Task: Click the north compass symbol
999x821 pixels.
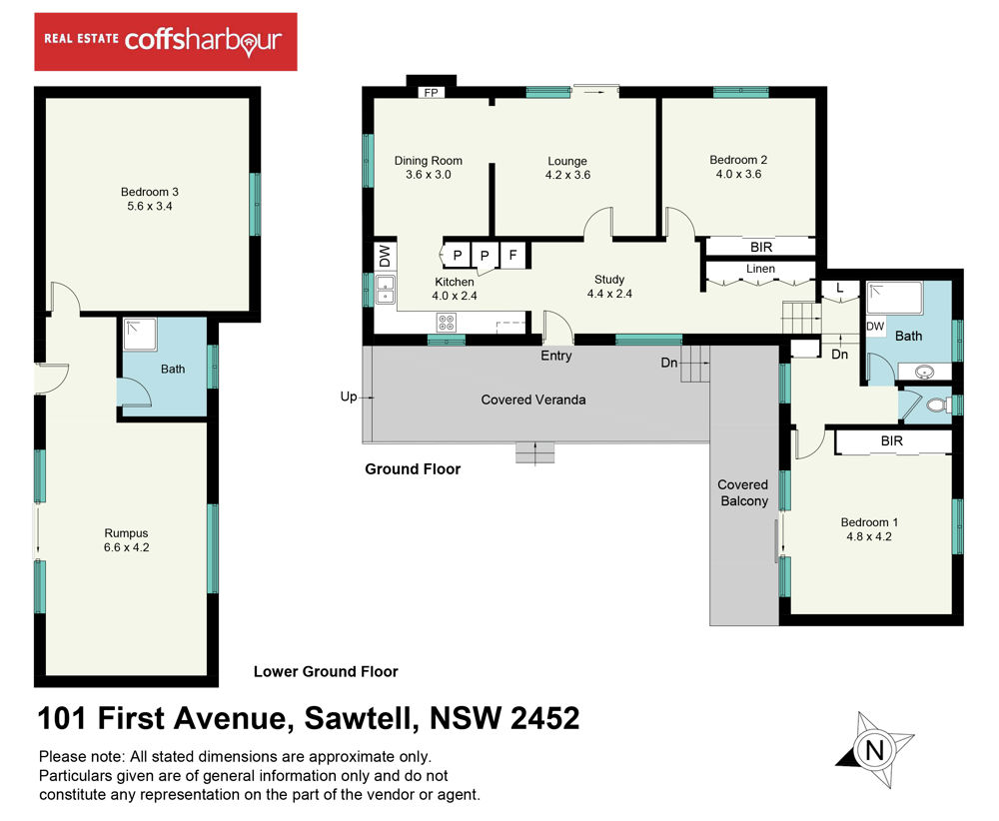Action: click(875, 750)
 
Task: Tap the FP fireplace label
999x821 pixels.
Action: click(432, 93)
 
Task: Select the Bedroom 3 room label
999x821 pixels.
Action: click(150, 192)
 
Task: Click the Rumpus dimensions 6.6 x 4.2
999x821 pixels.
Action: click(127, 547)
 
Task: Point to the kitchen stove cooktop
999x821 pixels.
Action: click(446, 323)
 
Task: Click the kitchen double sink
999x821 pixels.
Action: click(385, 290)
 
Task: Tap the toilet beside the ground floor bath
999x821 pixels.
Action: click(937, 405)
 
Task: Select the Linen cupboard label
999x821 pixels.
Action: click(760, 269)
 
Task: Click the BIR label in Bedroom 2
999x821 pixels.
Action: click(761, 247)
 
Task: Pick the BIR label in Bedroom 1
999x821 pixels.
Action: click(892, 440)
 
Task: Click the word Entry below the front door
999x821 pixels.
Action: click(556, 356)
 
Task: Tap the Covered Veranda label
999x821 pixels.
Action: click(533, 400)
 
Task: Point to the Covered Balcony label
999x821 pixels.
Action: click(743, 493)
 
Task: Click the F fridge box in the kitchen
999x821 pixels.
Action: click(513, 256)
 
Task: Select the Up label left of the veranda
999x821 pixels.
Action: click(349, 397)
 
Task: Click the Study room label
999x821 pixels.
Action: click(609, 280)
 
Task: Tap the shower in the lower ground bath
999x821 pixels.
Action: click(140, 335)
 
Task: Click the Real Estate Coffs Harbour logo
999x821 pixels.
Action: click(166, 41)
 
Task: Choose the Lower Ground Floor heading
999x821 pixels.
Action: click(326, 672)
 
